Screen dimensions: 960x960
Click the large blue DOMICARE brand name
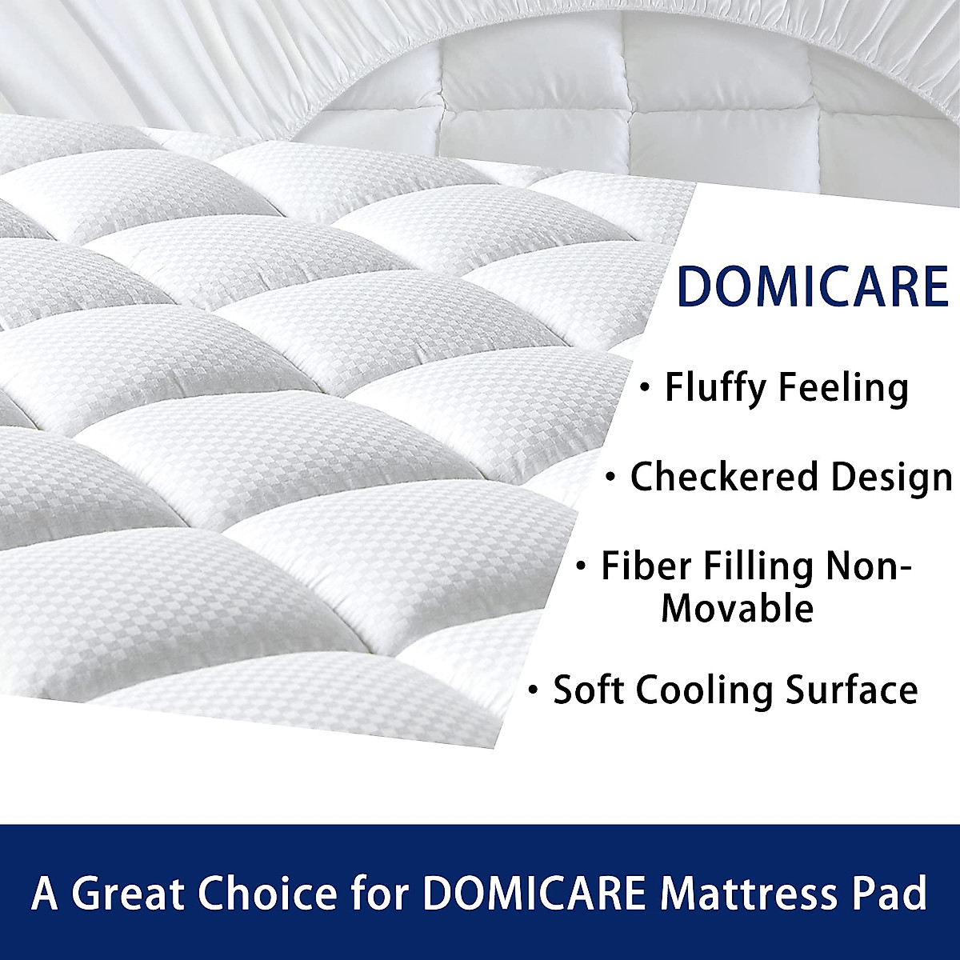click(813, 288)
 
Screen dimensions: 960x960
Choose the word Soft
click(589, 690)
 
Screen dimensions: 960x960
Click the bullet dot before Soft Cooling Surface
click(534, 690)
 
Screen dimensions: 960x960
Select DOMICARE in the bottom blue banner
click(533, 893)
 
